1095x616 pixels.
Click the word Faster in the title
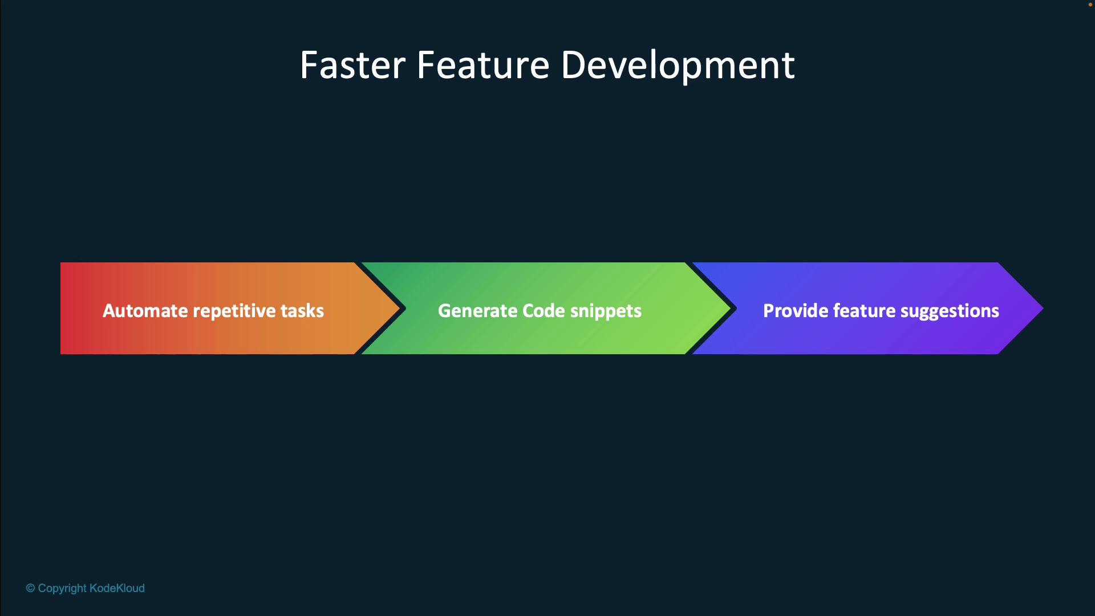point(352,64)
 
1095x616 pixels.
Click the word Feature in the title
point(483,64)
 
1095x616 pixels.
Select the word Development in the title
point(678,67)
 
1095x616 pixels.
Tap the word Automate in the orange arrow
point(145,310)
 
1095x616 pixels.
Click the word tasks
point(302,310)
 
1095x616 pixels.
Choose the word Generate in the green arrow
point(477,310)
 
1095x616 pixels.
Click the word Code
point(544,310)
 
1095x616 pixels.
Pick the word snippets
point(606,311)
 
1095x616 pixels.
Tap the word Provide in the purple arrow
point(796,310)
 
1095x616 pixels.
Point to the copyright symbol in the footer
point(30,588)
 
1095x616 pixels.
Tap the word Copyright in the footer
point(62,589)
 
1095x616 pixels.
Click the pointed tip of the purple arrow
point(1043,309)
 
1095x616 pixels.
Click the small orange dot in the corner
point(1090,5)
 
